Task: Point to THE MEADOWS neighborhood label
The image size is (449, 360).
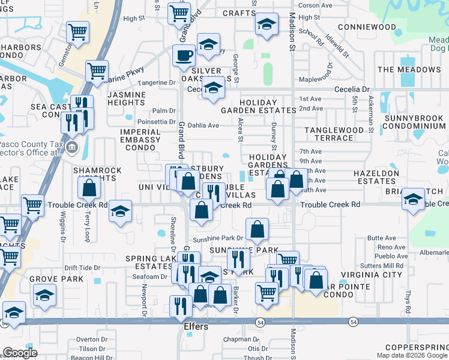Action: click(409, 70)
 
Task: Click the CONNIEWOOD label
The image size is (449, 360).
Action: click(367, 27)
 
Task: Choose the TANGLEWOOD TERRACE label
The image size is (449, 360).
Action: click(334, 134)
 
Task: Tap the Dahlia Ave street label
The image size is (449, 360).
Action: click(204, 125)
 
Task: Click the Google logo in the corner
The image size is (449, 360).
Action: click(20, 353)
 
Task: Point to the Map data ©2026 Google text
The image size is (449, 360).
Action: click(412, 355)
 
